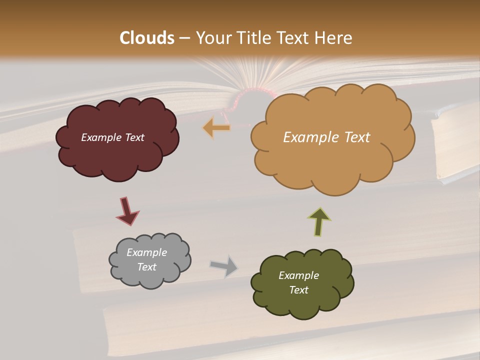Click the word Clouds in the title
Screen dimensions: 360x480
pyautogui.click(x=147, y=38)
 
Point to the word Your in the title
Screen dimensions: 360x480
pyautogui.click(x=213, y=38)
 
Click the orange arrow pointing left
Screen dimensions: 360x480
pyautogui.click(x=217, y=128)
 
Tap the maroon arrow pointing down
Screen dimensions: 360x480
pyautogui.click(x=127, y=211)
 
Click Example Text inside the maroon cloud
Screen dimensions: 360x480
pyautogui.click(x=112, y=137)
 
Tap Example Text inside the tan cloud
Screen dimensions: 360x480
pyautogui.click(x=326, y=137)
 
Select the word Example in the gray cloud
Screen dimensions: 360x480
pyautogui.click(x=146, y=252)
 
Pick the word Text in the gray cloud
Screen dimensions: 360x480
pyautogui.click(x=146, y=267)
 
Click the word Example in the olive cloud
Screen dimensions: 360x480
pyautogui.click(x=298, y=275)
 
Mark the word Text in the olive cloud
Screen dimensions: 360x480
pyautogui.click(x=298, y=290)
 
